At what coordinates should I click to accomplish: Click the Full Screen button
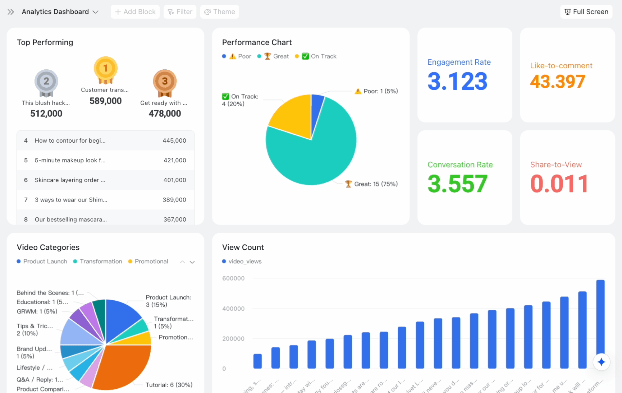pos(586,12)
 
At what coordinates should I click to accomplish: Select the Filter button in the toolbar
pos(180,12)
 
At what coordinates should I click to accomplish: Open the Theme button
pos(220,12)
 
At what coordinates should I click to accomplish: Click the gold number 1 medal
pos(105,69)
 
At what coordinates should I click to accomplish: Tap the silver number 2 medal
pos(46,82)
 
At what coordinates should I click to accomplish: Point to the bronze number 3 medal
pos(165,82)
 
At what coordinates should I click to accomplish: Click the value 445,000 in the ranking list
pos(174,140)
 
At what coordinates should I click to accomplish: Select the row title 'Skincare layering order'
pos(70,180)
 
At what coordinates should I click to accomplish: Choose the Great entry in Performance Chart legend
pos(277,56)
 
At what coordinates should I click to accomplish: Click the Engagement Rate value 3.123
pos(457,81)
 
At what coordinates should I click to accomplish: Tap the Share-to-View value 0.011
pos(559,184)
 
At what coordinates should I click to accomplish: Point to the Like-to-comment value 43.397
pos(557,82)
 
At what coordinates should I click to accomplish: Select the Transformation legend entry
pos(101,262)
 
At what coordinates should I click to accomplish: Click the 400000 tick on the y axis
pos(233,309)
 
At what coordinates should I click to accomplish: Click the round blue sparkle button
pos(601,362)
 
